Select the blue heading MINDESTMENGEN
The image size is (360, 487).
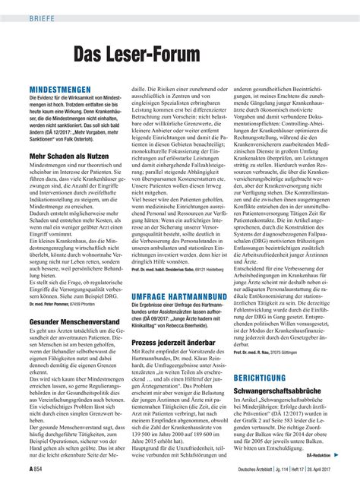click(61, 90)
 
